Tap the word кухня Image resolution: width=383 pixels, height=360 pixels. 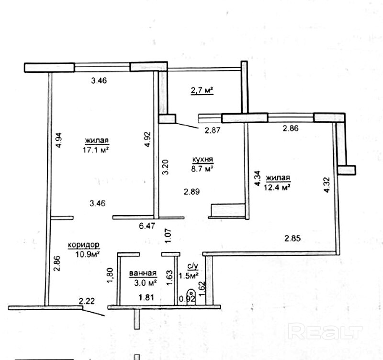coord(203,160)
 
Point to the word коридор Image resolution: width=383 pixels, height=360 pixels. coord(83,244)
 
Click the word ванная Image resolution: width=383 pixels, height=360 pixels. coord(143,274)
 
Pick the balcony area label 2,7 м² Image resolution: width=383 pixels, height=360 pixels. coord(202,90)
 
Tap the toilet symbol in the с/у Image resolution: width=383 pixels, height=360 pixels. coord(191,293)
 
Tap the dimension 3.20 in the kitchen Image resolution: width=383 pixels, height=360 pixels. coord(164,166)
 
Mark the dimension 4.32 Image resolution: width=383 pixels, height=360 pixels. coord(327,185)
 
